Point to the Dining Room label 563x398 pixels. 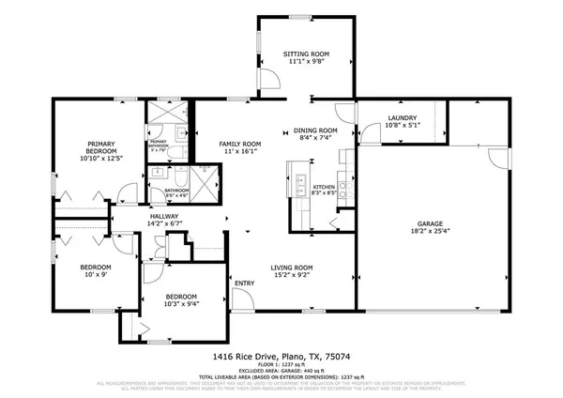point(315,130)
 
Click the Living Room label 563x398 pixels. point(293,268)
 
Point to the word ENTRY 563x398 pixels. point(245,283)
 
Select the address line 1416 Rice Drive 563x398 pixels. point(281,358)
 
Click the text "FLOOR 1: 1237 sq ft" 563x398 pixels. point(281,365)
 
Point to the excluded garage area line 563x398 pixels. point(281,371)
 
